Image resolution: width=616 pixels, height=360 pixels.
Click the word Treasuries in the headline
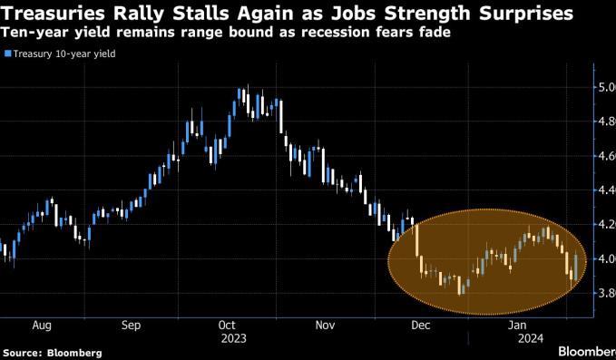pyautogui.click(x=53, y=14)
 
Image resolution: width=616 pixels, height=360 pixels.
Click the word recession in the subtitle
pyautogui.click(x=337, y=33)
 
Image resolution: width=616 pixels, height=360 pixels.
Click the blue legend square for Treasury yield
pyautogui.click(x=7, y=54)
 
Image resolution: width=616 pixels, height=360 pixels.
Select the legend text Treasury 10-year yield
pyautogui.click(x=64, y=54)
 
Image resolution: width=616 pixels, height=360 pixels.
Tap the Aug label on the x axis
pyautogui.click(x=42, y=326)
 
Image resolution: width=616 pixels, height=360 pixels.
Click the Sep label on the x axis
pyautogui.click(x=131, y=326)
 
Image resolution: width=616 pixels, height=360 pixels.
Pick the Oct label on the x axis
pyautogui.click(x=227, y=325)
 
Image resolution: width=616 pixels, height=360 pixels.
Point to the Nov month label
pyautogui.click(x=326, y=325)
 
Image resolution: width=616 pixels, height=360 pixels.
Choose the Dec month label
pyautogui.click(x=421, y=325)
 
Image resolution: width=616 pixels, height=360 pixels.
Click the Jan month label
pyautogui.click(x=517, y=325)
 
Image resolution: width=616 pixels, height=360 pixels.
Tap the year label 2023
pyautogui.click(x=234, y=338)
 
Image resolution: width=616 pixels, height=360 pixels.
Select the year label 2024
pyautogui.click(x=531, y=338)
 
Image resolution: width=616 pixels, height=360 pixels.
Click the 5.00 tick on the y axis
pyautogui.click(x=607, y=87)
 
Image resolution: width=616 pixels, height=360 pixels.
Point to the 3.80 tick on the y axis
pyautogui.click(x=607, y=293)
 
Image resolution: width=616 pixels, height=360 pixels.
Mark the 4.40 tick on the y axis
pyautogui.click(x=607, y=190)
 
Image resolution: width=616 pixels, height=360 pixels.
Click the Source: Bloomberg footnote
pyautogui.click(x=53, y=353)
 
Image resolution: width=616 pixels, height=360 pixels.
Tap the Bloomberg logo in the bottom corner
pyautogui.click(x=587, y=351)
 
